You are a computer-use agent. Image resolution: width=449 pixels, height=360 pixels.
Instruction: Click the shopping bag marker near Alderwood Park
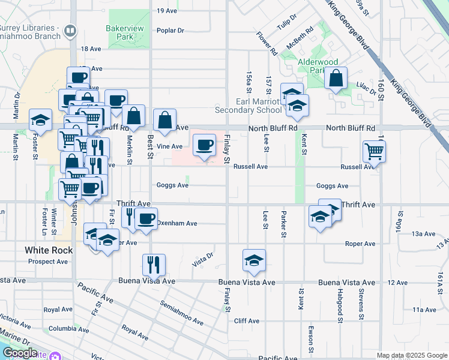(336, 78)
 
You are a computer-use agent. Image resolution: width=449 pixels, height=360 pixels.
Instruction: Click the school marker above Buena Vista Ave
(254, 260)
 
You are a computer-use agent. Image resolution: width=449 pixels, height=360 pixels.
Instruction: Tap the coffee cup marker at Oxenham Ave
(146, 218)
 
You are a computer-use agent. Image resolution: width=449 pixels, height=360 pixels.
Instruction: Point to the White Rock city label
(49, 250)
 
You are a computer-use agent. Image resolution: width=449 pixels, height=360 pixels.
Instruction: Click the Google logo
(19, 353)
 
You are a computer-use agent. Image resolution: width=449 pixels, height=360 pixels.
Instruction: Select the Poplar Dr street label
(170, 31)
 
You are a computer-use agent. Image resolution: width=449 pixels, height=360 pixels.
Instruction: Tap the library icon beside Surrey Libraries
(70, 29)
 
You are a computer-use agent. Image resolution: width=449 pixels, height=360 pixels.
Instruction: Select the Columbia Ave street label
(69, 329)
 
